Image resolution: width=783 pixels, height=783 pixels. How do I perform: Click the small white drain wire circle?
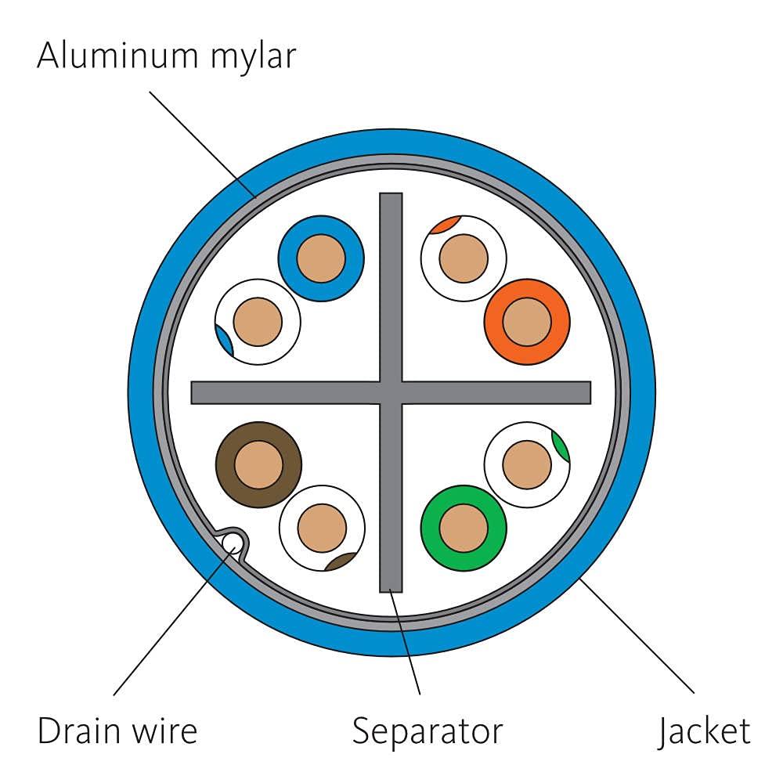click(x=232, y=541)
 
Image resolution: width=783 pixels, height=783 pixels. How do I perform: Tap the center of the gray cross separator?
click(x=391, y=392)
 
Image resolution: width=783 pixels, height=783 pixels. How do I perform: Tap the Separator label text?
click(x=427, y=732)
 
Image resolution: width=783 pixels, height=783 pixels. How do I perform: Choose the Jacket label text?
click(x=703, y=732)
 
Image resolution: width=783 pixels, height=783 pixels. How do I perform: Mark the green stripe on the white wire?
click(x=561, y=446)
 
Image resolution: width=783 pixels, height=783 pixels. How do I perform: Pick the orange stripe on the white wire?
click(x=446, y=225)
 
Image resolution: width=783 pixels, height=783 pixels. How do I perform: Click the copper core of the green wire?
click(x=464, y=528)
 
